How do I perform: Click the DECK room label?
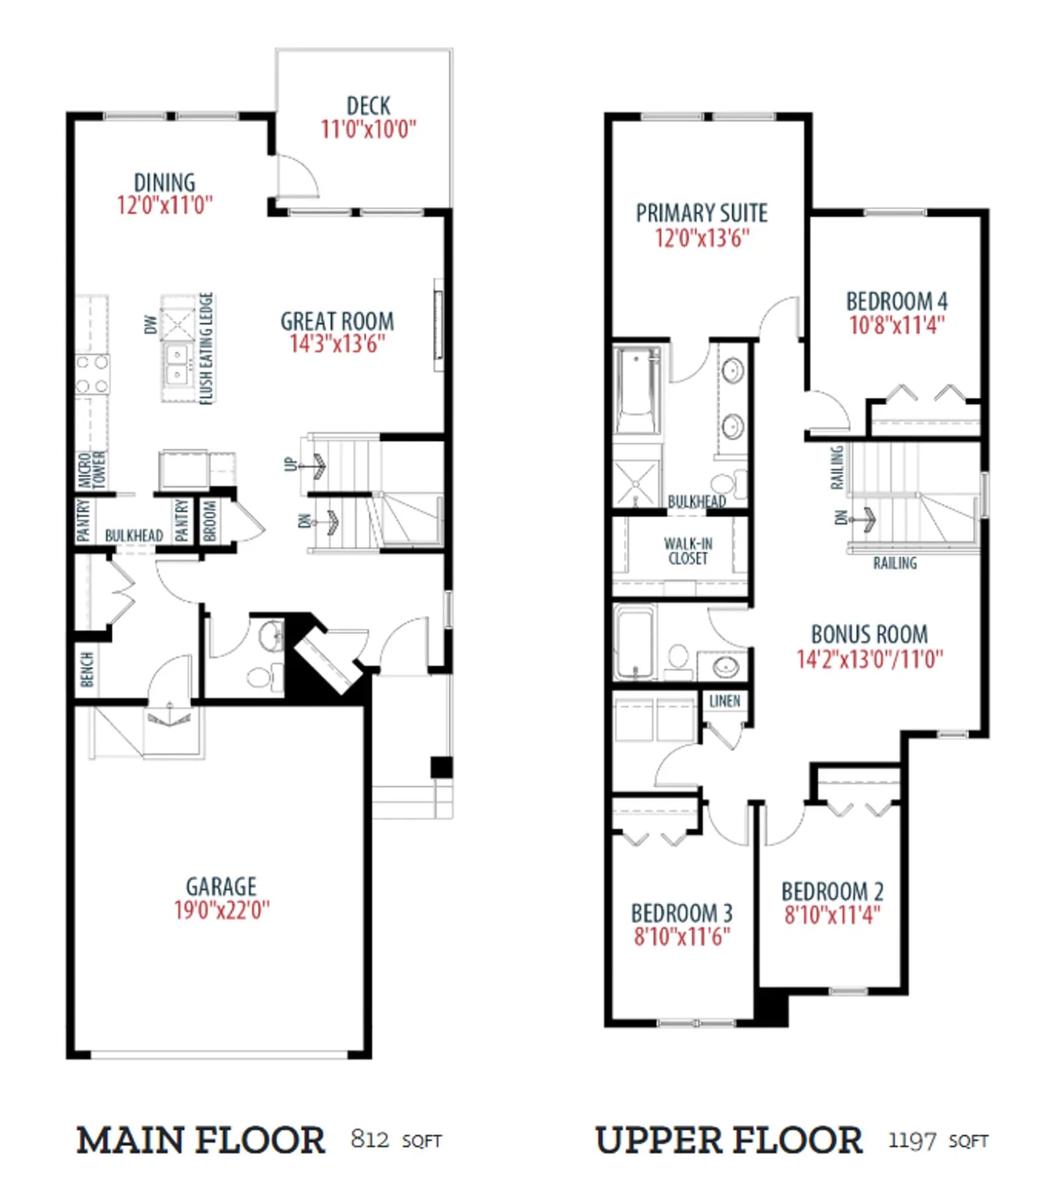pyautogui.click(x=368, y=106)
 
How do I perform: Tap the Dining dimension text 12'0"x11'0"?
pyautogui.click(x=165, y=205)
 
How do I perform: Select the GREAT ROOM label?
pyautogui.click(x=337, y=322)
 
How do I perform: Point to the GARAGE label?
pyautogui.click(x=221, y=887)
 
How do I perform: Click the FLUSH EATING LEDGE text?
pyautogui.click(x=206, y=348)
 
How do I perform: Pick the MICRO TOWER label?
pyautogui.click(x=92, y=470)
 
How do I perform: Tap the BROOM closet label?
pyautogui.click(x=210, y=521)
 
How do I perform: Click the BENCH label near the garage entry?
pyautogui.click(x=86, y=669)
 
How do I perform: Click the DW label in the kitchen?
pyautogui.click(x=151, y=324)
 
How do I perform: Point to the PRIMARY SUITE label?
pyautogui.click(x=702, y=213)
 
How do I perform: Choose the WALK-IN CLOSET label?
pyautogui.click(x=688, y=551)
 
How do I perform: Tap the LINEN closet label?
pyautogui.click(x=725, y=701)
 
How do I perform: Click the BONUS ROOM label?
pyautogui.click(x=869, y=635)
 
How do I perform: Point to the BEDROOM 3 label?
pyautogui.click(x=682, y=913)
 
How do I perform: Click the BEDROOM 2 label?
pyautogui.click(x=832, y=891)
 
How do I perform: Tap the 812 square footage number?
pyautogui.click(x=370, y=1139)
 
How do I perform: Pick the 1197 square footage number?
pyautogui.click(x=912, y=1141)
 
